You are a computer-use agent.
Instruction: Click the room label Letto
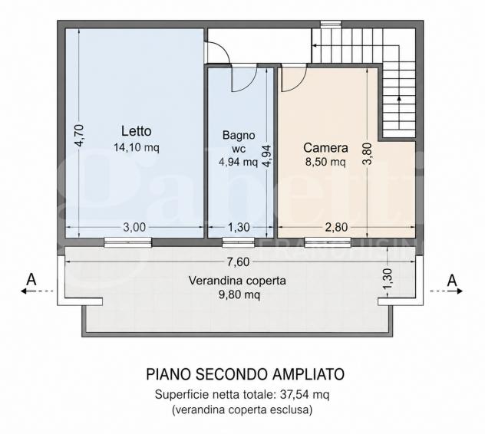(x=136, y=131)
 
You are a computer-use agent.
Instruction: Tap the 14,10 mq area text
(x=137, y=147)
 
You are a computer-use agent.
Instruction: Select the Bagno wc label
(x=239, y=142)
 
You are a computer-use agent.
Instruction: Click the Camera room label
(x=325, y=148)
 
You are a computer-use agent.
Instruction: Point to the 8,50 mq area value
(x=325, y=161)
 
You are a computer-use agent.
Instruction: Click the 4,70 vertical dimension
(x=79, y=135)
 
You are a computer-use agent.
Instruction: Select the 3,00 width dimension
(x=134, y=227)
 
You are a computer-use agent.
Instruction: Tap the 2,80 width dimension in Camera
(x=337, y=227)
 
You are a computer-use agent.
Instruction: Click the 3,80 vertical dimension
(x=368, y=153)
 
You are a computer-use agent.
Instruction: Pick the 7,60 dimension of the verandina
(x=238, y=262)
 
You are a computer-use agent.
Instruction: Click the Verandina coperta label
(x=237, y=281)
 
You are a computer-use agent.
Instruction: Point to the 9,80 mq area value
(x=239, y=294)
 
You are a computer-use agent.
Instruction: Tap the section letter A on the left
(x=31, y=280)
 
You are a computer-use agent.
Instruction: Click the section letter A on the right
(x=452, y=281)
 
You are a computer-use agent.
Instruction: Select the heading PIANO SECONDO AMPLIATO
(x=245, y=374)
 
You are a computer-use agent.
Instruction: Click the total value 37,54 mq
(x=305, y=394)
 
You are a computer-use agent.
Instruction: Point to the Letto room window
(x=127, y=242)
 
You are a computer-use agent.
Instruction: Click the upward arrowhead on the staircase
(x=399, y=98)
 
